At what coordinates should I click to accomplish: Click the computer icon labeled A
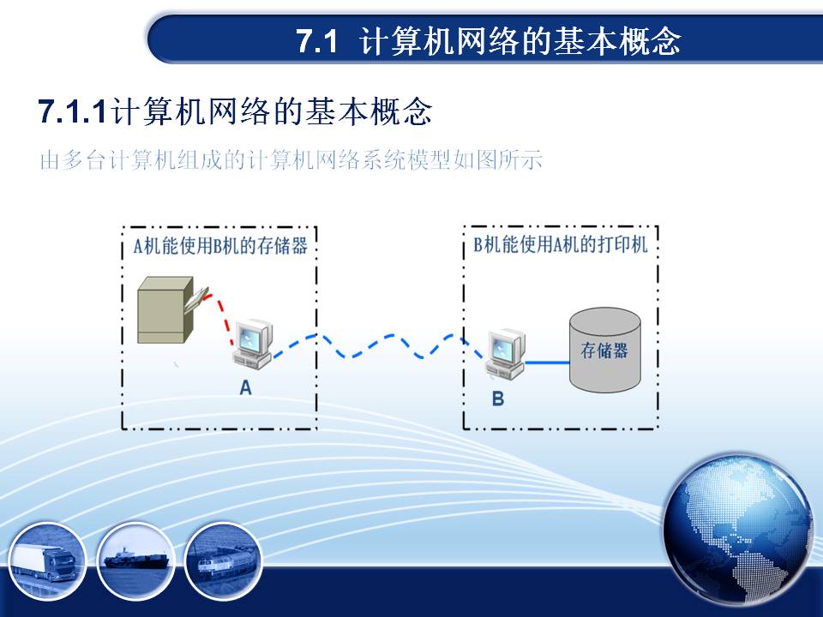(x=252, y=344)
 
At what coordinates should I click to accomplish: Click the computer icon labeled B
(x=506, y=354)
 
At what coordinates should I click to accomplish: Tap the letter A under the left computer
(x=245, y=387)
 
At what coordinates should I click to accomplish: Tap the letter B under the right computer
(x=497, y=398)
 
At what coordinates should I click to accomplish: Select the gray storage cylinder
(x=604, y=350)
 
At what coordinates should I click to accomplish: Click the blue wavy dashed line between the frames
(x=378, y=345)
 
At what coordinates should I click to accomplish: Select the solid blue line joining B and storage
(x=547, y=362)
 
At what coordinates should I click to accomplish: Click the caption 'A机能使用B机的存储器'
(x=220, y=246)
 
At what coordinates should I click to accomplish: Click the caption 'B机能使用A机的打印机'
(x=561, y=244)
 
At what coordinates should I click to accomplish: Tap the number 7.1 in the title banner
(x=317, y=41)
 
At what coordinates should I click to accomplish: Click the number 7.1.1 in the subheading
(x=72, y=111)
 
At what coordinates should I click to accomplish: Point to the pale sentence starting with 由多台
(x=291, y=159)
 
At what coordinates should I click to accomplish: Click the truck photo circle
(x=46, y=560)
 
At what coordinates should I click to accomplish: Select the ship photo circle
(x=136, y=560)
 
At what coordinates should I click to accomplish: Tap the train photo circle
(x=224, y=560)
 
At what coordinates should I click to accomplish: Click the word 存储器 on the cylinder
(x=604, y=350)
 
